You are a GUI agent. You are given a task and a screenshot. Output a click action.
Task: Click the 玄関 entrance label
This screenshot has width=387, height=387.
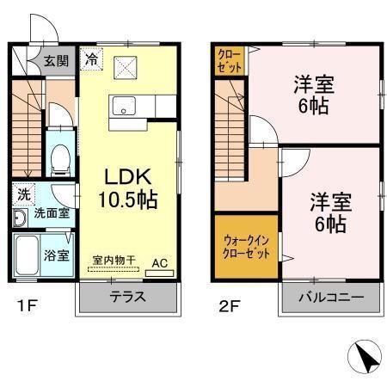click(x=57, y=61)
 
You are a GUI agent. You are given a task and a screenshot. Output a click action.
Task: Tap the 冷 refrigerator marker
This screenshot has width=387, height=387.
click(x=91, y=60)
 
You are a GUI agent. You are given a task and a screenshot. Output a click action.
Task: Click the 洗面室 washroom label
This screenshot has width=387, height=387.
click(x=52, y=212)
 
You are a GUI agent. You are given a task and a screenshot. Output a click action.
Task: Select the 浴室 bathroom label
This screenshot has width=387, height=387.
click(x=57, y=255)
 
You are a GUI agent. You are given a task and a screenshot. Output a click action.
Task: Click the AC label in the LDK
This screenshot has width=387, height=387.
click(x=160, y=263)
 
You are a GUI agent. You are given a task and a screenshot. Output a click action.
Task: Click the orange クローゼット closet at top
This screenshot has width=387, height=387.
click(x=228, y=61)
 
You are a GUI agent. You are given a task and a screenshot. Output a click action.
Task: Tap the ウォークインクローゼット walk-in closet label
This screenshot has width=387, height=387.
click(x=246, y=249)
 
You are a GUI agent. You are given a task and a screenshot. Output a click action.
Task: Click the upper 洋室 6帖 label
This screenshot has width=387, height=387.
click(x=313, y=95)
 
